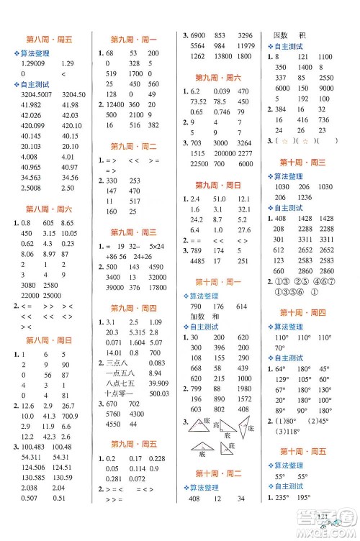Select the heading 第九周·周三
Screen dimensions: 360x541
point(134,232)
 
